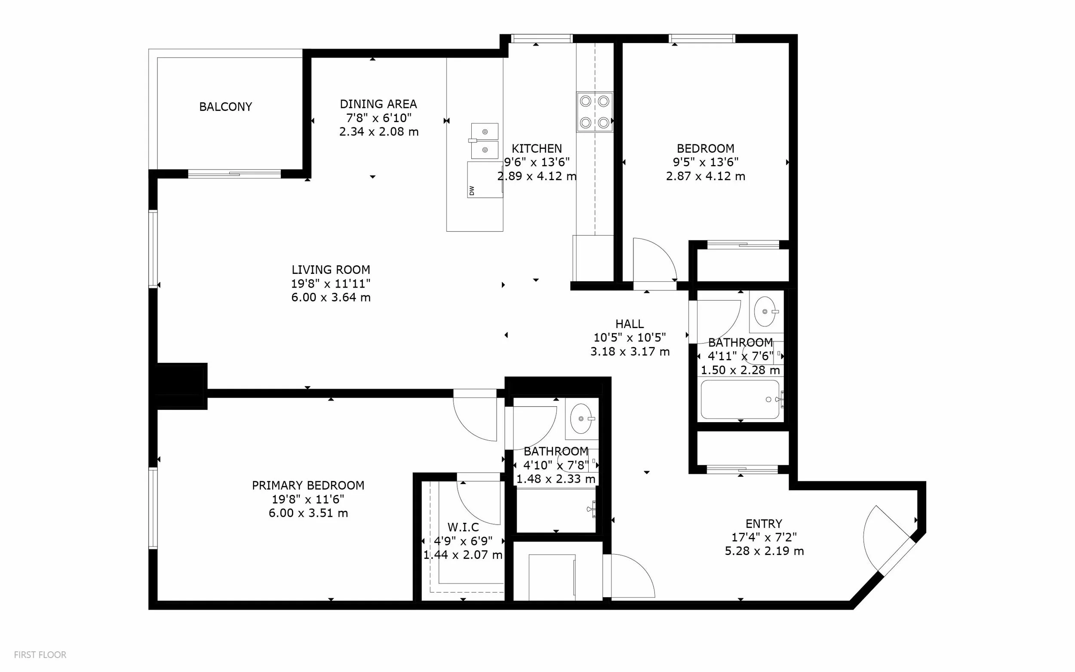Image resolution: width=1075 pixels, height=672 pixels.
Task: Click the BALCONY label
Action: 225,107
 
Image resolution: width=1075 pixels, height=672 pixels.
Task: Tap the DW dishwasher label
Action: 472,190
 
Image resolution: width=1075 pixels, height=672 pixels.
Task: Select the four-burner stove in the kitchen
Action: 595,112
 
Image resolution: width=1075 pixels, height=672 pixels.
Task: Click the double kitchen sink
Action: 484,141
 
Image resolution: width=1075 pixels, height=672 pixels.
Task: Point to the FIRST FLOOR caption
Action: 40,655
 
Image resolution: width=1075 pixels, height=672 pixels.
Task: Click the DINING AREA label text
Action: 378,104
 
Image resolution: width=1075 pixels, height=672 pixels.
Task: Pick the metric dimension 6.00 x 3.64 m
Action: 331,298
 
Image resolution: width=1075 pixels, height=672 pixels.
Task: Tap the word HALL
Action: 629,324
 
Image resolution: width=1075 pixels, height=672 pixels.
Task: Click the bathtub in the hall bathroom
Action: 740,399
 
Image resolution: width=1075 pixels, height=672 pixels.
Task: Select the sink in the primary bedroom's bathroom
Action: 581,418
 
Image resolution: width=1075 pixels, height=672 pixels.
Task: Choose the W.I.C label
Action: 463,527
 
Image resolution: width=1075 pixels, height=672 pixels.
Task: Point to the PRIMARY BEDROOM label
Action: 308,485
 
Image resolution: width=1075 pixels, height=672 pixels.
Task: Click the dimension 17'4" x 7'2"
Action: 764,537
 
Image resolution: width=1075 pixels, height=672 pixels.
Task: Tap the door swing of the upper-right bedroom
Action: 654,260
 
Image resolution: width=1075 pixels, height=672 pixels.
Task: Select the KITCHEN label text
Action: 536,148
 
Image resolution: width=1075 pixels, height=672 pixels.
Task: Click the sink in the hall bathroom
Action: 765,311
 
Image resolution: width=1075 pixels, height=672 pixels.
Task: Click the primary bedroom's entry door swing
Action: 475,416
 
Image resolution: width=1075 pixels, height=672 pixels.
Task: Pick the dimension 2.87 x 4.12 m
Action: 705,176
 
